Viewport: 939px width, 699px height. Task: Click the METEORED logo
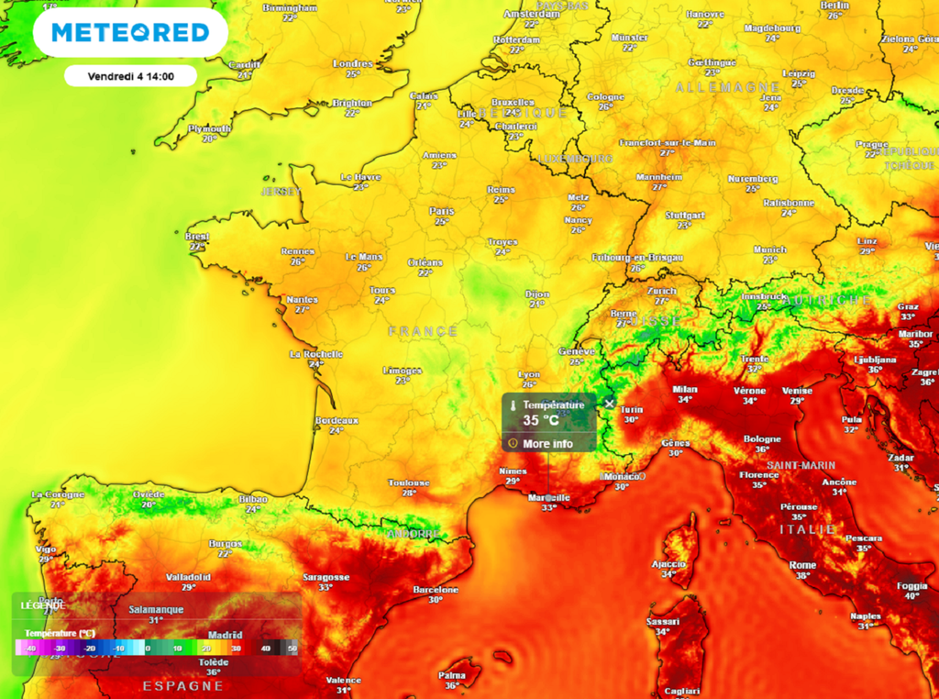[x=130, y=33]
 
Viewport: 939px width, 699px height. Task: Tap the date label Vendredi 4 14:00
[x=130, y=76]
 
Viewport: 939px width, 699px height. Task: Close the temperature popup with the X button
[x=609, y=404]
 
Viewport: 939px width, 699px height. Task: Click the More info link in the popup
[x=547, y=444]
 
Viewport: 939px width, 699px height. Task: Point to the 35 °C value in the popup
[x=541, y=421]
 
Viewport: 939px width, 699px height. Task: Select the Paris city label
[x=441, y=210]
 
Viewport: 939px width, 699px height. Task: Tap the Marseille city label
[x=549, y=498]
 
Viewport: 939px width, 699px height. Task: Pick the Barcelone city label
[x=436, y=590]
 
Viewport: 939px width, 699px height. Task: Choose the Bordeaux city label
[x=336, y=420]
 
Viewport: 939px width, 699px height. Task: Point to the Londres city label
[x=353, y=63]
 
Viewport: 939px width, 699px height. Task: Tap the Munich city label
[x=769, y=249]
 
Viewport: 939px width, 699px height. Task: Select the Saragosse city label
[x=326, y=577]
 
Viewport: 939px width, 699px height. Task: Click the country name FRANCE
[x=422, y=331]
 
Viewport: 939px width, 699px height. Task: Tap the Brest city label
[x=197, y=236]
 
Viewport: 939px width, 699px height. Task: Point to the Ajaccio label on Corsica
[x=668, y=563]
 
